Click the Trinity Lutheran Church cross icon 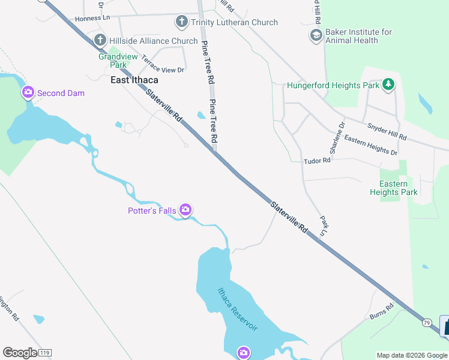tap(181, 22)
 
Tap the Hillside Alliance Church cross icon tap(100, 41)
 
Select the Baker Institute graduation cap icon tap(316, 36)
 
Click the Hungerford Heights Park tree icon tap(389, 85)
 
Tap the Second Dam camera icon tap(28, 93)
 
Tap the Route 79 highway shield tap(426, 323)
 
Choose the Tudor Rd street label tap(317, 161)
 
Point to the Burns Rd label tap(381, 311)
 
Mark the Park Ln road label tap(324, 225)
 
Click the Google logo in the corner tap(20, 353)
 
